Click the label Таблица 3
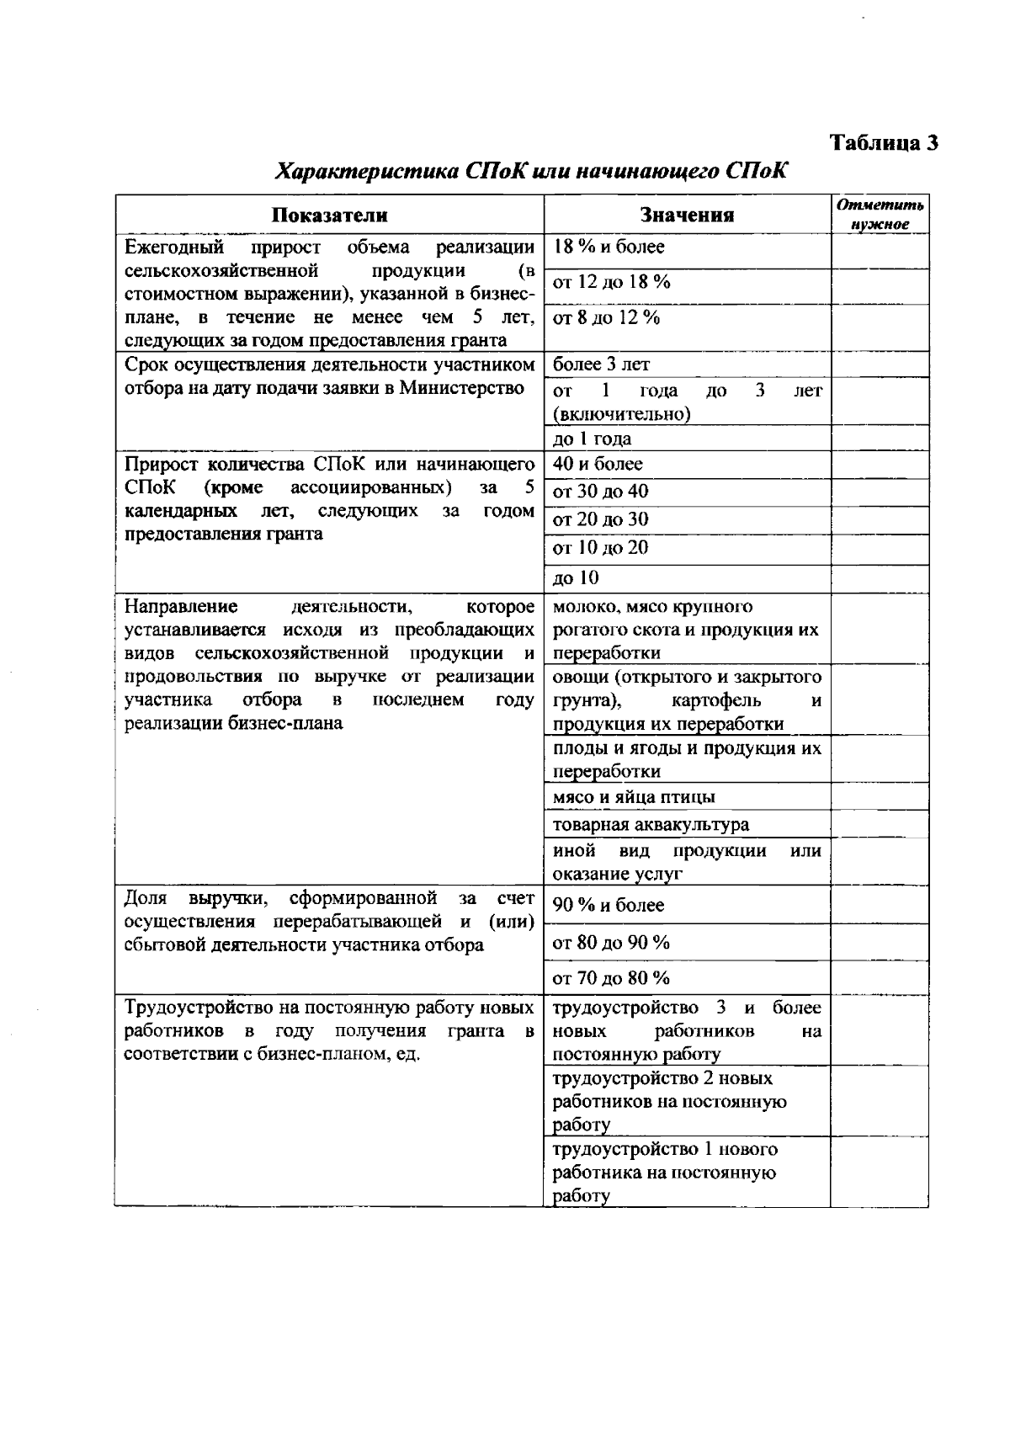(x=885, y=142)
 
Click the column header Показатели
(x=329, y=215)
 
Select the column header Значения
(x=687, y=215)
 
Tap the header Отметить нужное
(x=880, y=215)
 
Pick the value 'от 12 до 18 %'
(x=612, y=282)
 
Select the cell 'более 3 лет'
(x=601, y=364)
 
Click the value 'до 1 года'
(x=592, y=439)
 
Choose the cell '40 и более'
(x=598, y=464)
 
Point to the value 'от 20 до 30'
(x=600, y=519)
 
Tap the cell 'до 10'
(x=576, y=577)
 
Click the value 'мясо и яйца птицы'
(x=635, y=796)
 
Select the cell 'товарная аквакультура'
(x=651, y=824)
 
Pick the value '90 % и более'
(x=609, y=905)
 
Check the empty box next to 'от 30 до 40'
(x=880, y=492)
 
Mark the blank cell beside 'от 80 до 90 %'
(x=880, y=942)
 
